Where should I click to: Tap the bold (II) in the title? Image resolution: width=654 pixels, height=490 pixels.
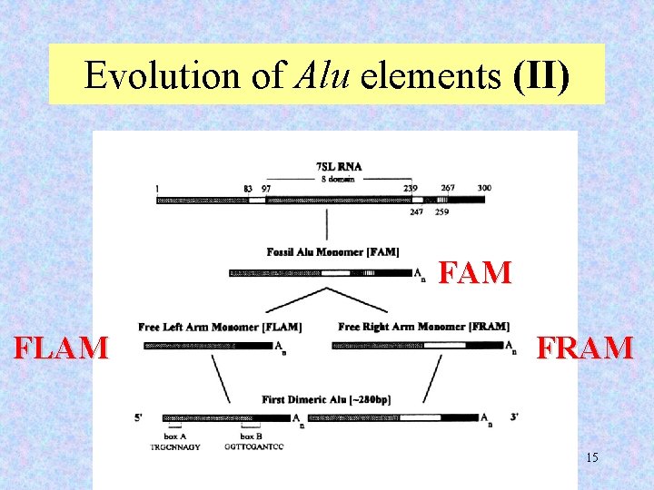(x=541, y=76)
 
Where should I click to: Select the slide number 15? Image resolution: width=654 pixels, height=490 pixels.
(x=591, y=457)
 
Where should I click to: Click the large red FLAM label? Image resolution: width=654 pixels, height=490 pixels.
(x=61, y=348)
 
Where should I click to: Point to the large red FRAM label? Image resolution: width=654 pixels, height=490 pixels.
(x=584, y=348)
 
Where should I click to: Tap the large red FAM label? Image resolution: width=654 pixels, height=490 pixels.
(x=475, y=272)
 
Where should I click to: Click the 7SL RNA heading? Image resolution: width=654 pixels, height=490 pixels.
(x=339, y=167)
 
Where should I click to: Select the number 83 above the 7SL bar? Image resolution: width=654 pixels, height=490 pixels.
(x=248, y=188)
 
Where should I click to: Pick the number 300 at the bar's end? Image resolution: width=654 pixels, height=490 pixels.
(x=484, y=188)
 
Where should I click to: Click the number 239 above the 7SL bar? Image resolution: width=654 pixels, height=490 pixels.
(x=411, y=188)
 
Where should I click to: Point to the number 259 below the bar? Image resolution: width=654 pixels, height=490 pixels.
(x=441, y=211)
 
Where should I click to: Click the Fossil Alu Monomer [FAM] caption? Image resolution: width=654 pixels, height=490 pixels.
(x=332, y=251)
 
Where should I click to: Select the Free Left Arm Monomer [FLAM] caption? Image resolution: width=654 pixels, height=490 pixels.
(x=220, y=327)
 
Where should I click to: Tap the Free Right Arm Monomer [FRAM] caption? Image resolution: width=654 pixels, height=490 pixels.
(x=423, y=327)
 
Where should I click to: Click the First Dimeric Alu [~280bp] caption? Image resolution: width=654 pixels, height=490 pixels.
(x=326, y=400)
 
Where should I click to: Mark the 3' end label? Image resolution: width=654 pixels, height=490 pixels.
(x=515, y=418)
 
